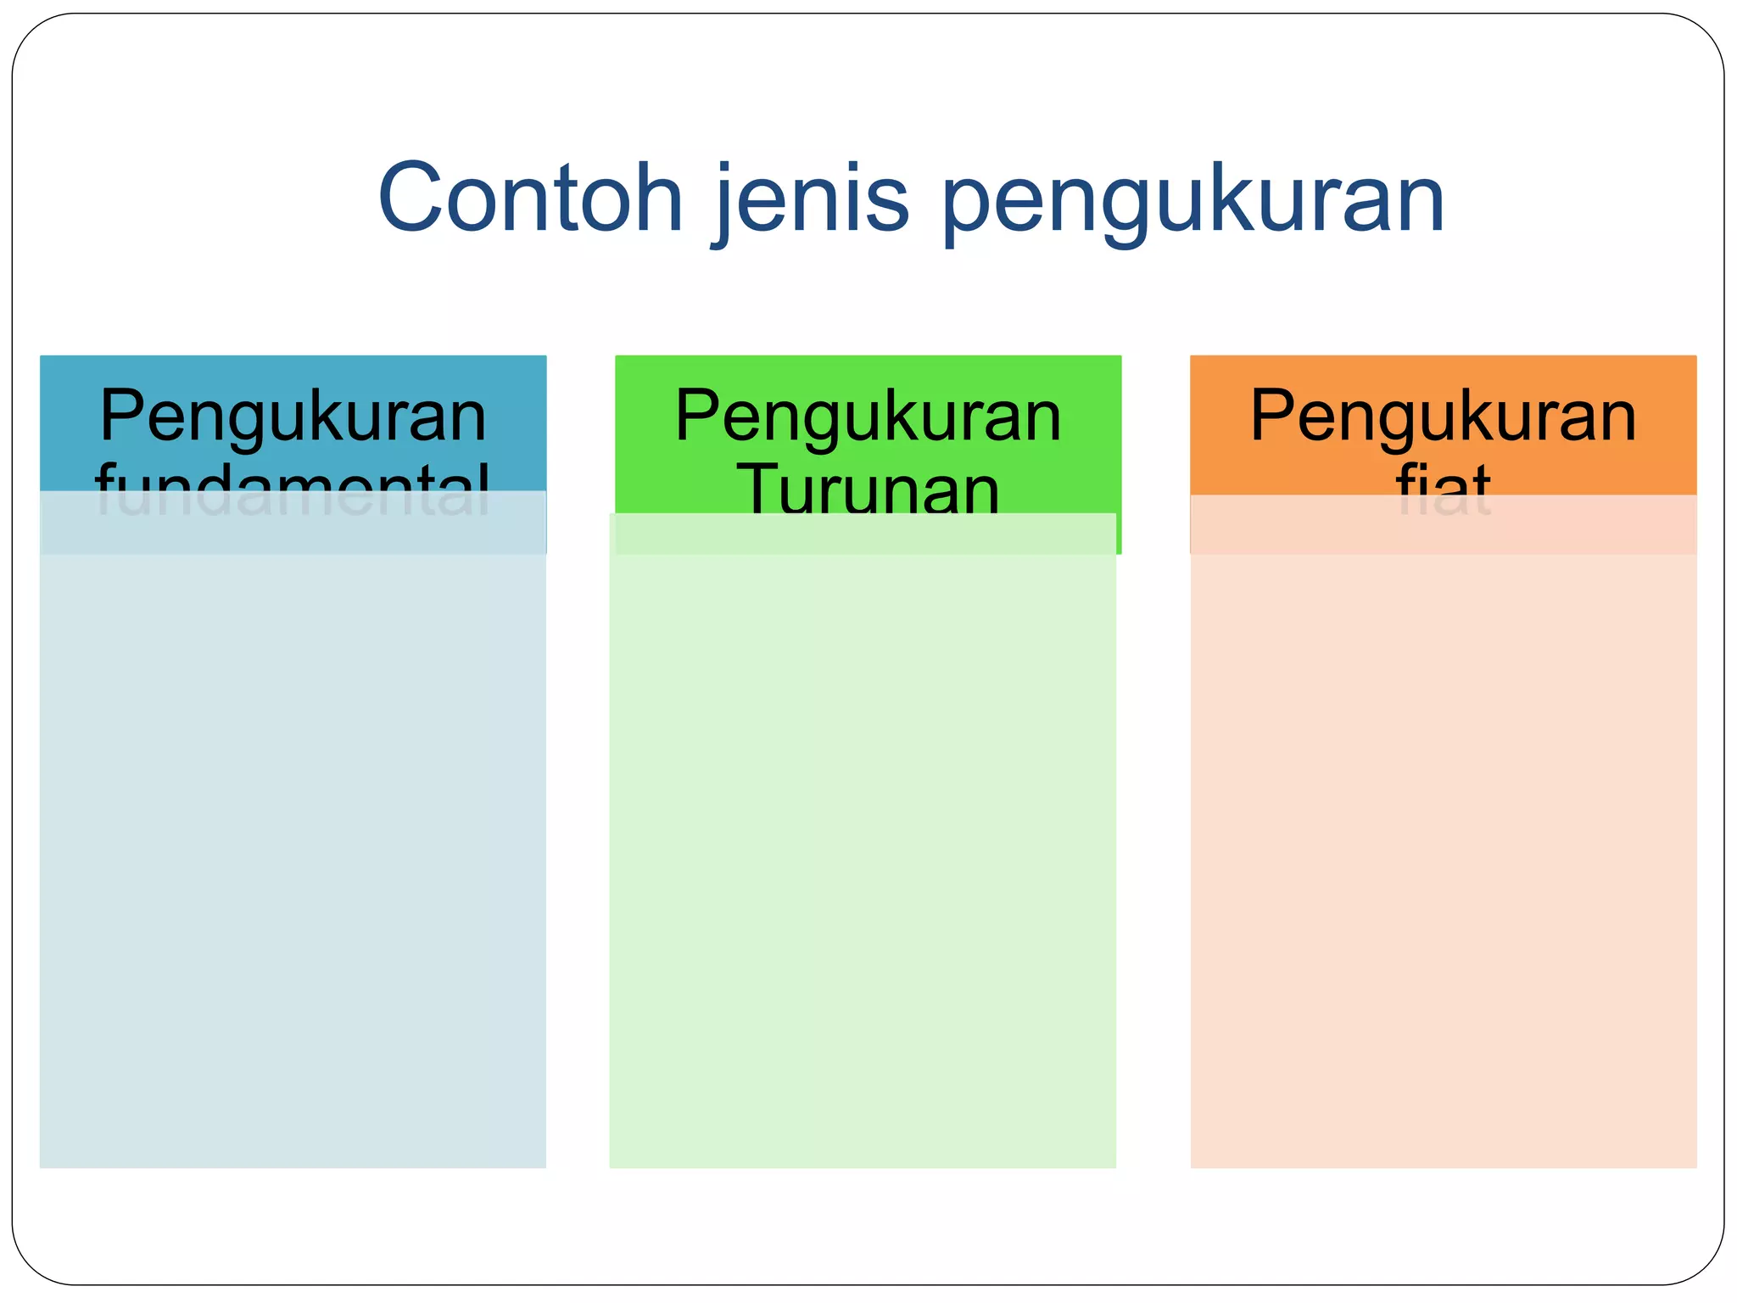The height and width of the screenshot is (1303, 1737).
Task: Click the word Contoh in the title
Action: pyautogui.click(x=530, y=199)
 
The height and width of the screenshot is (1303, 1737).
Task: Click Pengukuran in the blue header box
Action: pyautogui.click(x=293, y=417)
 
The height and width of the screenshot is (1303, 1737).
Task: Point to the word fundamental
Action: pyautogui.click(x=293, y=488)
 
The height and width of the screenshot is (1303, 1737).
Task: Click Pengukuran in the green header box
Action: pyautogui.click(x=868, y=417)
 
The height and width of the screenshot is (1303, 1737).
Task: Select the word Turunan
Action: pyautogui.click(x=868, y=490)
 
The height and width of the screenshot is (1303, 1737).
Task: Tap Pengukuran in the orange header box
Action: pyautogui.click(x=1443, y=417)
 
